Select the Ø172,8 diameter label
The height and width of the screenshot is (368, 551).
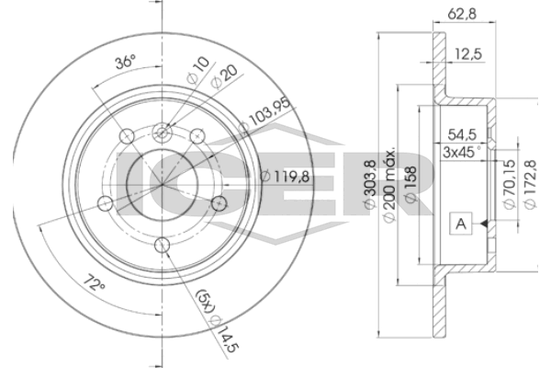531,188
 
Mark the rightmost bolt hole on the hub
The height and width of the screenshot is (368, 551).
218,202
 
